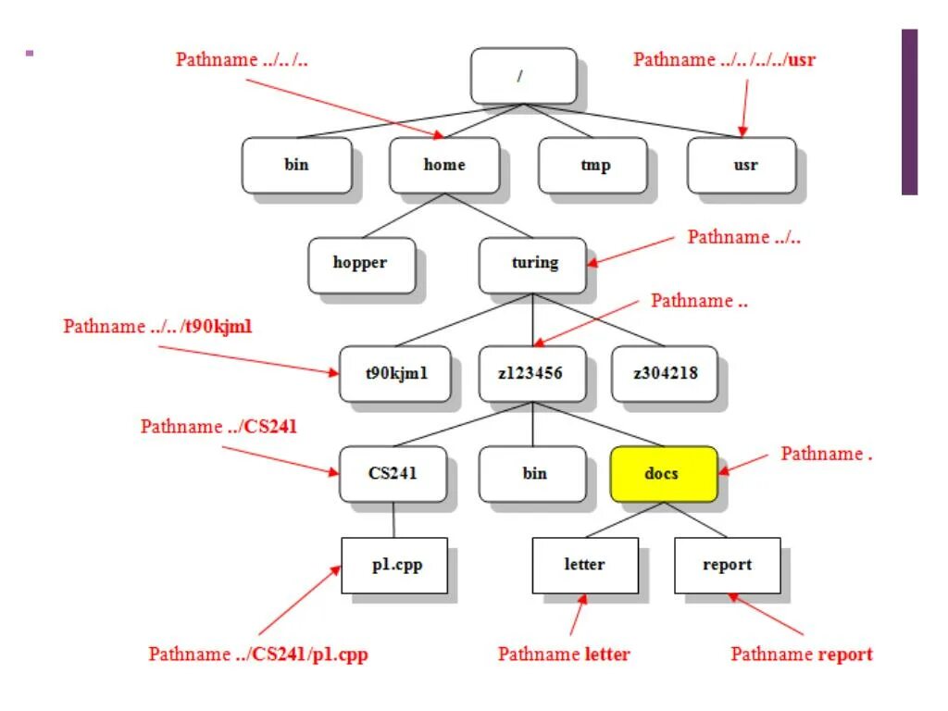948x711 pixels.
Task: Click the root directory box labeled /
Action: (x=523, y=76)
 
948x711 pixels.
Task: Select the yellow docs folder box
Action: (x=663, y=474)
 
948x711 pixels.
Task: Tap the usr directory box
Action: (x=741, y=166)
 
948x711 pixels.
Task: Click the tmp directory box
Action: (x=592, y=166)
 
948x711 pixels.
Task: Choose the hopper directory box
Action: (x=361, y=263)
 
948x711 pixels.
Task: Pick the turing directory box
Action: (x=532, y=263)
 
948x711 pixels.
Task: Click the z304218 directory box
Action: (x=664, y=373)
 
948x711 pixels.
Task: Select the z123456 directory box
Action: (x=532, y=373)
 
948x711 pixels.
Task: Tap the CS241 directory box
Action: (x=393, y=474)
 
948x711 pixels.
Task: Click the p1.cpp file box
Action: (x=395, y=565)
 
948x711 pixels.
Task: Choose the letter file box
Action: (x=585, y=565)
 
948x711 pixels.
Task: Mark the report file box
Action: (x=727, y=565)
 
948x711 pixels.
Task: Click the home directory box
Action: (x=444, y=166)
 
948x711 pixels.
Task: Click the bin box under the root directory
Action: (x=296, y=166)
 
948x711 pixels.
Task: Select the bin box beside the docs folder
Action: (x=532, y=474)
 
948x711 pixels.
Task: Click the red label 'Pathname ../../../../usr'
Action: (x=724, y=60)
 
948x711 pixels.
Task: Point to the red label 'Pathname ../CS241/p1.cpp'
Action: (x=258, y=655)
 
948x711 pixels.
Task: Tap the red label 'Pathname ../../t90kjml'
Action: (x=157, y=327)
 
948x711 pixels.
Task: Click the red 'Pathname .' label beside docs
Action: (x=826, y=454)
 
